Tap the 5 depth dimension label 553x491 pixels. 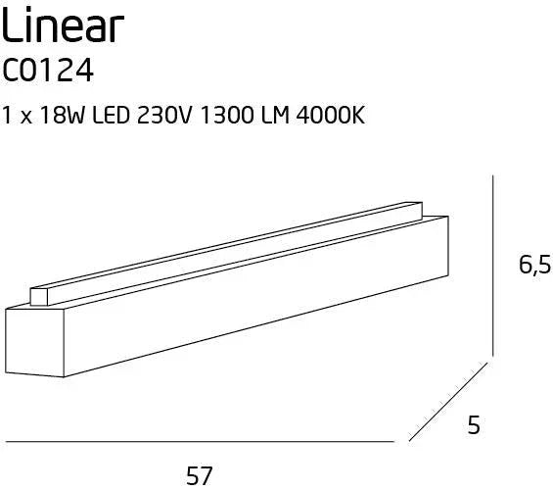475,425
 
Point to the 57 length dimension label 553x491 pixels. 200,475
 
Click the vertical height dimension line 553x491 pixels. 491,265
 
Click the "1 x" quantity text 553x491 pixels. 16,115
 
